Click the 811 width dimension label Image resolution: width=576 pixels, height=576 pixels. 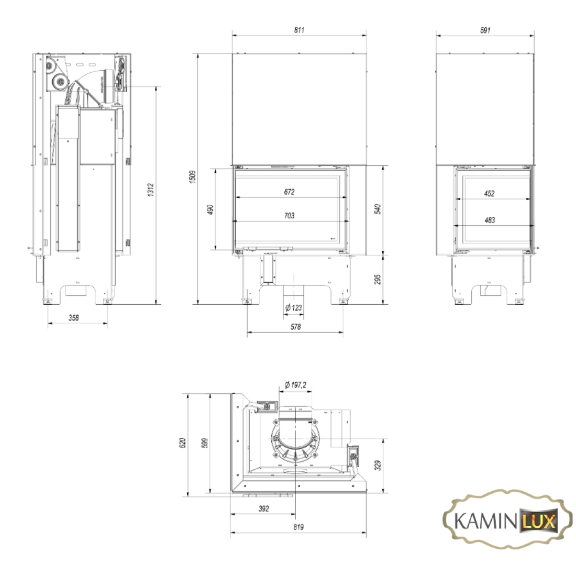299,30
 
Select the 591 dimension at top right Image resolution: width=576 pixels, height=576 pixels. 485,30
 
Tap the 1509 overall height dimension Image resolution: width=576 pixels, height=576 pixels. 193,176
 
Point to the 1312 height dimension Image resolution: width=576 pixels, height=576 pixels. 151,190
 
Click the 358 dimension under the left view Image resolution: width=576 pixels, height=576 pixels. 74,317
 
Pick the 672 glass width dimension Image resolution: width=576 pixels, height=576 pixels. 289,192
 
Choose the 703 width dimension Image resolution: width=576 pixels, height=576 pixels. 289,216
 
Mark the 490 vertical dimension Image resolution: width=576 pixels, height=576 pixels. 210,210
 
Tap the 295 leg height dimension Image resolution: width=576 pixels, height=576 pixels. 378,279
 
